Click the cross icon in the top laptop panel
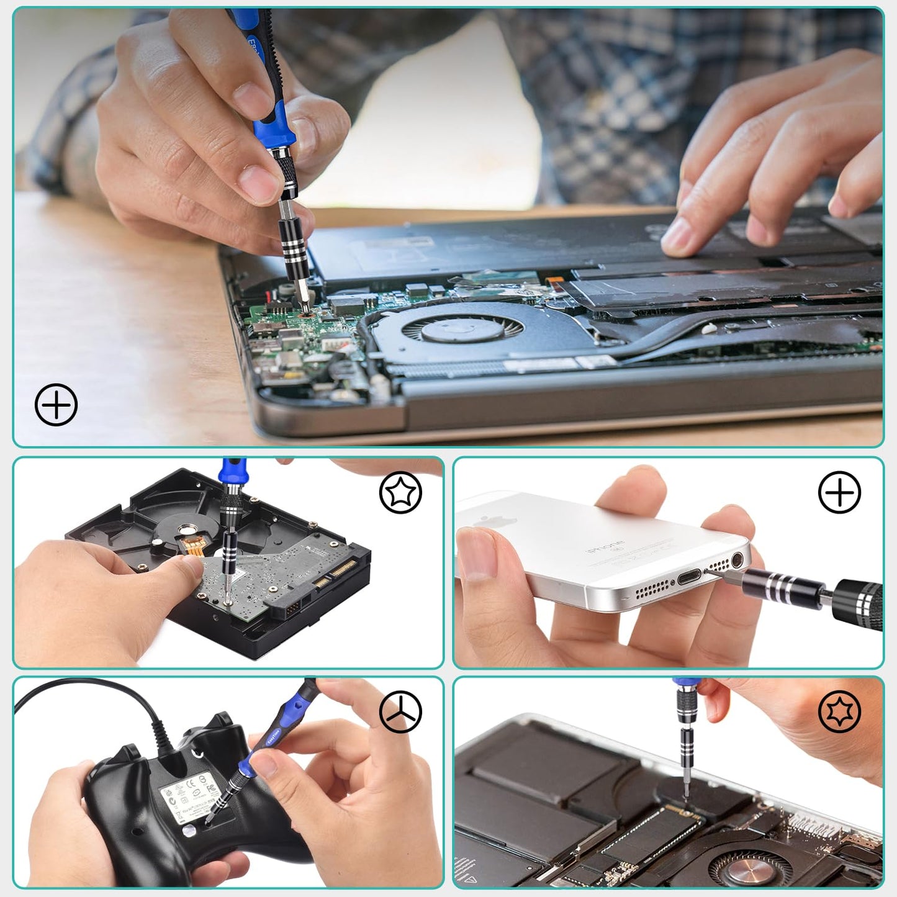[x=56, y=405]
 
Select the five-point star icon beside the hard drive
[x=400, y=492]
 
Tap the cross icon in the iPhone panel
[x=839, y=492]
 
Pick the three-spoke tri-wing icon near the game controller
[x=400, y=711]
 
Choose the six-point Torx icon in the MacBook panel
[x=839, y=711]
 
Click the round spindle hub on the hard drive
[x=185, y=530]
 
